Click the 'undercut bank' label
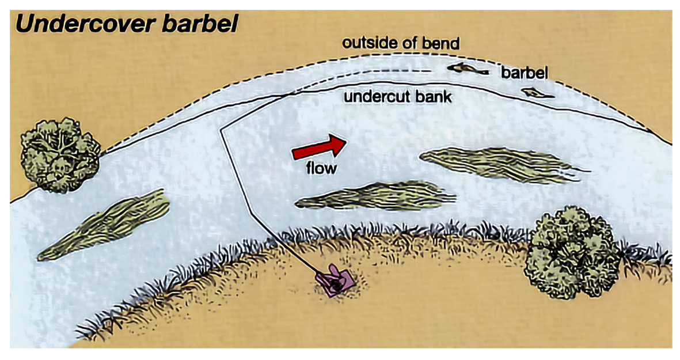(397, 96)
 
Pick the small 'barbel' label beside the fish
(524, 73)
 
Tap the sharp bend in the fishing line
(222, 130)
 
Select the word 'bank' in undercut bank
(434, 96)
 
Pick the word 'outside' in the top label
(363, 43)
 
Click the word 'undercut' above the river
(378, 96)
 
